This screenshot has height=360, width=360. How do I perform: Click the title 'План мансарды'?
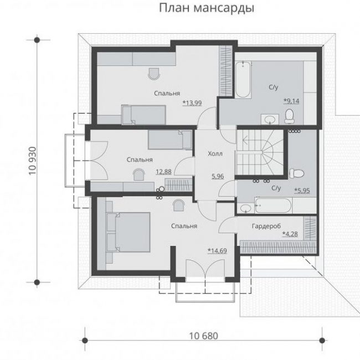tap(207, 8)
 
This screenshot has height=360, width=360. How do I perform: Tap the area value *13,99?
tap(192, 103)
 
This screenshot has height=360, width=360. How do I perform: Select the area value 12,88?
tap(163, 172)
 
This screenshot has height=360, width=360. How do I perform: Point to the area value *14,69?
tap(217, 251)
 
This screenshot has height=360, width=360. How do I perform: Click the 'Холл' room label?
tap(215, 153)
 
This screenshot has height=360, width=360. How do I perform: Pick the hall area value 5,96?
tap(218, 176)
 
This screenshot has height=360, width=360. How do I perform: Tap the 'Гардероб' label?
tap(266, 227)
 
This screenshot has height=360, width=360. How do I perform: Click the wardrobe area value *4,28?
tap(290, 234)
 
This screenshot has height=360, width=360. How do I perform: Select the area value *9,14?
tap(291, 101)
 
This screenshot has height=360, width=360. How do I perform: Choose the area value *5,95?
tap(302, 191)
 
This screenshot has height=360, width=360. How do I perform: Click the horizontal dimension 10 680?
tap(203, 336)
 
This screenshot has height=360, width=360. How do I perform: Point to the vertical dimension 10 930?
tap(33, 161)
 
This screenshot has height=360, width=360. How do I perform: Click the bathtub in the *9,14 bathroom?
tap(243, 79)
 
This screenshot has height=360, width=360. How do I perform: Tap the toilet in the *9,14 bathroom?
tap(289, 116)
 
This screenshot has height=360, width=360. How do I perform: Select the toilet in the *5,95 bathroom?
tap(297, 173)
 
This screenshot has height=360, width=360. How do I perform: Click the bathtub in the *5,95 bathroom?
tap(273, 205)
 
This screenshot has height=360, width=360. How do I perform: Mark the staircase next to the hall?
tap(260, 152)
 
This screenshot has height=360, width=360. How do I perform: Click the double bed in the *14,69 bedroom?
tap(128, 232)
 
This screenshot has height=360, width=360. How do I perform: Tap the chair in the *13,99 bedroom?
tap(154, 74)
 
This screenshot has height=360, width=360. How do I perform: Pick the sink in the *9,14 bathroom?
tap(270, 120)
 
